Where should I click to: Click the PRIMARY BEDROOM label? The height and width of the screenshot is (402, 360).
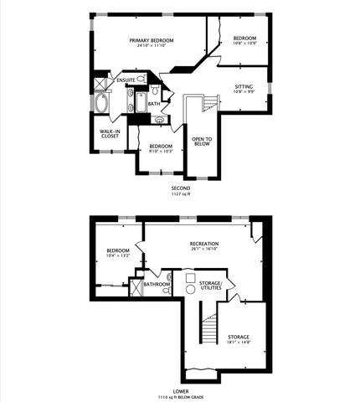pos(150,40)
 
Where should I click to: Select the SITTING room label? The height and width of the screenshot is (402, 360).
pos(244,86)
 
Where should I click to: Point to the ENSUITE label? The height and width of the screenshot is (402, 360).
pos(126,80)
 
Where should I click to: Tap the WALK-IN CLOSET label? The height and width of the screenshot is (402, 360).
pos(106,136)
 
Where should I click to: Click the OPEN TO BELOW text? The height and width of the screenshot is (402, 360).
pos(201,142)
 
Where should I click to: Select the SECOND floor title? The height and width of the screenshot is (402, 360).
pos(180,188)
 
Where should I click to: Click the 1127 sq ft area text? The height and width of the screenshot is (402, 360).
pos(180,195)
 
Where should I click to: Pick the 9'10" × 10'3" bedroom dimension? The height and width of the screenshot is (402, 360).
pos(161,151)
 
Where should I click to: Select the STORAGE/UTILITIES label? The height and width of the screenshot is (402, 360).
pos(208,286)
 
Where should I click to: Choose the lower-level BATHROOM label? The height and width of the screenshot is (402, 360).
pos(157,284)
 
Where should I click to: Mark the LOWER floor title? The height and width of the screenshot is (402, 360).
pos(180,391)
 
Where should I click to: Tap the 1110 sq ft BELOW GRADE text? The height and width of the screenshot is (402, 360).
pos(180,397)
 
